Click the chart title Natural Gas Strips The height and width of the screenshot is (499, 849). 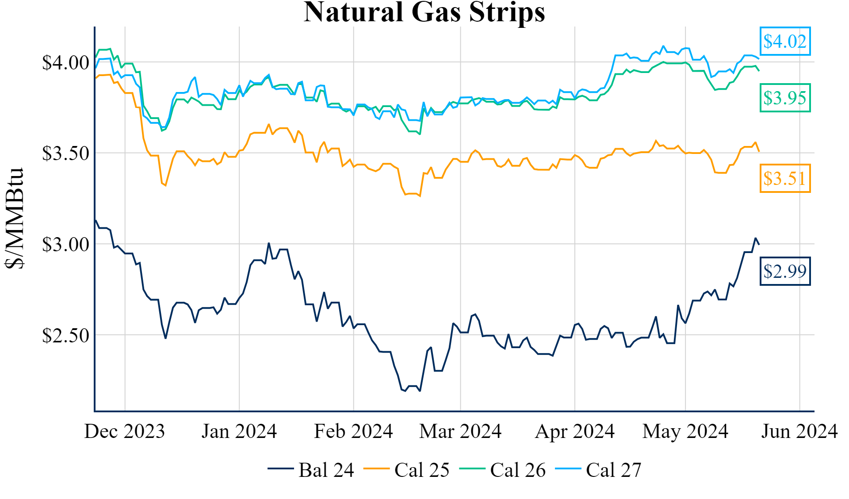424,12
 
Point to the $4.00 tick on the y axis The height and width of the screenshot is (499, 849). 65,62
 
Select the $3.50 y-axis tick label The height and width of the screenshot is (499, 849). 65,154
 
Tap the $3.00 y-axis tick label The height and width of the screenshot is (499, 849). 65,244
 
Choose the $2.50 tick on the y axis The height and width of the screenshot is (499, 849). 65,335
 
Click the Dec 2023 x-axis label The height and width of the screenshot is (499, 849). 124,431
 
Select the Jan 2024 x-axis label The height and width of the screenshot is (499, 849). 239,431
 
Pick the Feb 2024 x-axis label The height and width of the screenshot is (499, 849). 353,431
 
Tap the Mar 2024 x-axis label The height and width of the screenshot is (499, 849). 460,431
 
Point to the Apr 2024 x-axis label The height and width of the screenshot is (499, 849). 574,431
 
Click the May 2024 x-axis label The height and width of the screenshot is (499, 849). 685,431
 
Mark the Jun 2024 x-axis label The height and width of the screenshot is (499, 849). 799,431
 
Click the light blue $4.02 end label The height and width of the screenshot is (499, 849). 785,41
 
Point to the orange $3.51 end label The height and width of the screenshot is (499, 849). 785,178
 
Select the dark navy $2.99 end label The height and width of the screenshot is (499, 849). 785,271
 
